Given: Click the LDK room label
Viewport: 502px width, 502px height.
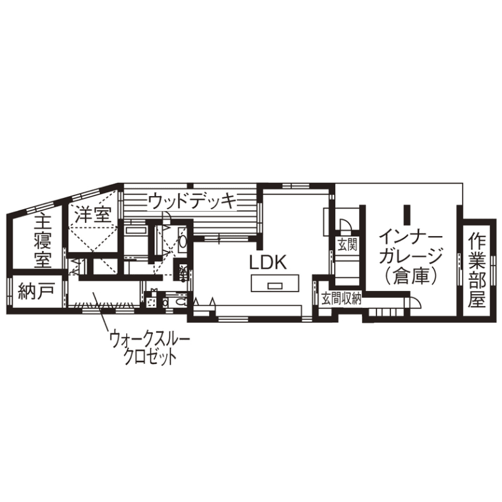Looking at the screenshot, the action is (267, 262).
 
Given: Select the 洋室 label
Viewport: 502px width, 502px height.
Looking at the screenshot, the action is (94, 214).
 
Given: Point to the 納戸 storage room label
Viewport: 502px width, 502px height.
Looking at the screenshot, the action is (36, 291).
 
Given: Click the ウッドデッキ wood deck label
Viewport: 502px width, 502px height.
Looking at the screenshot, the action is (193, 202).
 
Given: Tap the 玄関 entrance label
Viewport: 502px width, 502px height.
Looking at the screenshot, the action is (347, 245).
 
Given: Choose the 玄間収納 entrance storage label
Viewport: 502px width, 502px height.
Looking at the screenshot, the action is (342, 299).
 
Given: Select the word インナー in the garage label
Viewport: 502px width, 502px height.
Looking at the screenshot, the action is (411, 238).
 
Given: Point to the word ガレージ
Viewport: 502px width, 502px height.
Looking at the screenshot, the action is (411, 256).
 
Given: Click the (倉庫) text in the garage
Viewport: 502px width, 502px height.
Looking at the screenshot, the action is (411, 275).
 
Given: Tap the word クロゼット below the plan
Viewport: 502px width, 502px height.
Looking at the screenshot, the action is (150, 357).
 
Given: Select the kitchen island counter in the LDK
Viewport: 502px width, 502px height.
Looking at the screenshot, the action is (275, 283).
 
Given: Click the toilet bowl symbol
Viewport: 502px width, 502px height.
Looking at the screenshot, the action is (181, 302).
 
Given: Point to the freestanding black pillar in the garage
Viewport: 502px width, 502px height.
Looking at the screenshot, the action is (407, 215).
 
